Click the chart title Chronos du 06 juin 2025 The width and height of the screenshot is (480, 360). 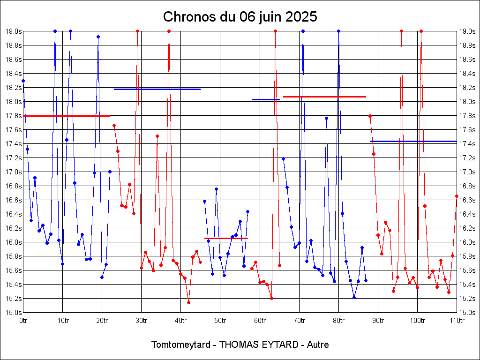(240, 17)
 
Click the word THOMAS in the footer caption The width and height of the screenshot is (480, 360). (243, 345)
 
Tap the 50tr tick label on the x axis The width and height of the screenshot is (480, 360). (220, 321)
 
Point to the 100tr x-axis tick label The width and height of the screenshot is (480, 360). (418, 321)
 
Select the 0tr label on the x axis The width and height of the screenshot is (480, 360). (23, 321)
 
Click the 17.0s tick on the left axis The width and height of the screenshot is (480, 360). (13, 172)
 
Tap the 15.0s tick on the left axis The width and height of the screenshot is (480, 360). (13, 313)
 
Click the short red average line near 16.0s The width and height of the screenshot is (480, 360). (226, 238)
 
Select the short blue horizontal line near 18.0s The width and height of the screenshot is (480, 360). (265, 99)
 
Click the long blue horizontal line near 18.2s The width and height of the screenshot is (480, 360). (157, 89)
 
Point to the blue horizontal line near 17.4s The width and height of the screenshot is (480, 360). (413, 141)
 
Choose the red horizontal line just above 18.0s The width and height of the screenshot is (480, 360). (324, 97)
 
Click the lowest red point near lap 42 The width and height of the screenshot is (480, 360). (188, 302)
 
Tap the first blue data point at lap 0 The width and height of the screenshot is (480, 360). (23, 81)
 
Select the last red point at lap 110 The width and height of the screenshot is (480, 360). (457, 196)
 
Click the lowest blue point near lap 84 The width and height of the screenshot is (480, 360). (354, 297)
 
